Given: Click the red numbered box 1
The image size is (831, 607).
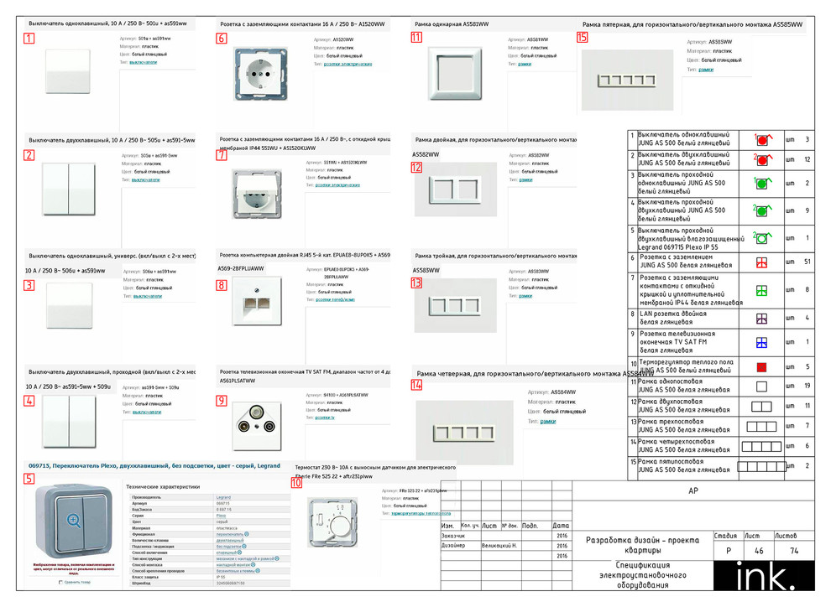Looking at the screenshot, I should [29, 39].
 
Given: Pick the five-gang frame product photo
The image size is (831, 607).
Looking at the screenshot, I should [627, 80].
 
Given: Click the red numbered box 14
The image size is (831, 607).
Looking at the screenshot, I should [416, 385].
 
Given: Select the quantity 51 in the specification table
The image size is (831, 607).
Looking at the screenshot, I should [807, 262].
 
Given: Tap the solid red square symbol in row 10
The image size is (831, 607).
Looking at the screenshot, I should [761, 366].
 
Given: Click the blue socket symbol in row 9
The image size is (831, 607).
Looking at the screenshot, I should [761, 342].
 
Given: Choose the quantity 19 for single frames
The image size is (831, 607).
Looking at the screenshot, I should [807, 386].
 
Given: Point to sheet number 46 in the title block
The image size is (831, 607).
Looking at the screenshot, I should [759, 551].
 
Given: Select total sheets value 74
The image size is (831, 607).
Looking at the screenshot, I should [793, 551].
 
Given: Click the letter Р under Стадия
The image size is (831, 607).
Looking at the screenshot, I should [725, 551].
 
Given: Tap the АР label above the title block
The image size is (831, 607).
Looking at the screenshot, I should [692, 490].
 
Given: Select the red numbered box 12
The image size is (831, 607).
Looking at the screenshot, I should [416, 167].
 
